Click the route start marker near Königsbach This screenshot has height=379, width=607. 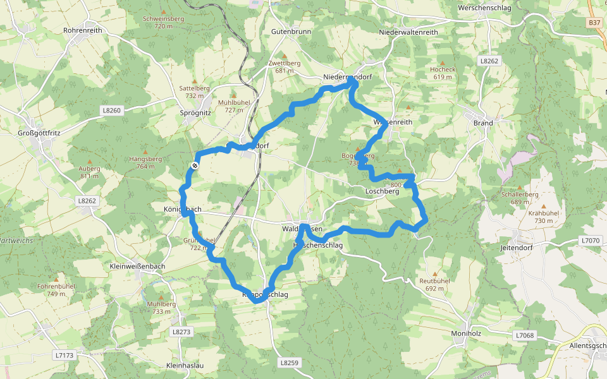195,165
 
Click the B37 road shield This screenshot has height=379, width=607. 594,22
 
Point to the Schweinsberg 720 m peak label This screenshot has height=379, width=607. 163,22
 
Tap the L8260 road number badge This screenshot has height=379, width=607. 111,110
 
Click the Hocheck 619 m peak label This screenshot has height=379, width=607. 443,73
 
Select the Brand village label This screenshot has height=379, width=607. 483,123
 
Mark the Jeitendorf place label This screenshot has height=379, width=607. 517,248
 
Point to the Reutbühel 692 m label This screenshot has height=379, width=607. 434,284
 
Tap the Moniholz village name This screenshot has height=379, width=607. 467,334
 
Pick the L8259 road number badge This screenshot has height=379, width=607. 288,363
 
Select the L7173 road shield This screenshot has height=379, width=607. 64,355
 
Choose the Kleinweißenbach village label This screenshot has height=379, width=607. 137,266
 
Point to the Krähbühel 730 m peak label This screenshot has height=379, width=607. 543,217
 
